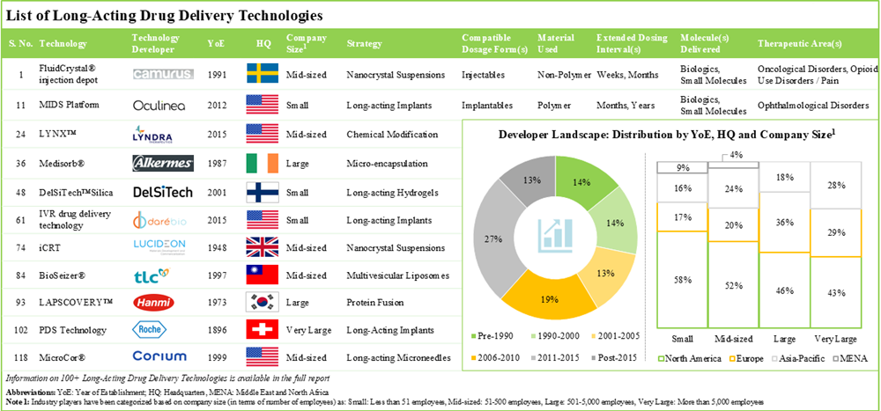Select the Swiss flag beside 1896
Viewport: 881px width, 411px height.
coord(263,330)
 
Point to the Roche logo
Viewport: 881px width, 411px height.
coord(163,330)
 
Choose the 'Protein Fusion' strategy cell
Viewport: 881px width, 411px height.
coord(375,302)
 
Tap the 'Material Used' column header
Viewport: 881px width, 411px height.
coord(556,43)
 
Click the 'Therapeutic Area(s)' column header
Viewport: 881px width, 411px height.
coord(799,43)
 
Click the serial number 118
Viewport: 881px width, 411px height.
coord(19,358)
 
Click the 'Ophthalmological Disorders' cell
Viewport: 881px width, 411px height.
coord(807,106)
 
